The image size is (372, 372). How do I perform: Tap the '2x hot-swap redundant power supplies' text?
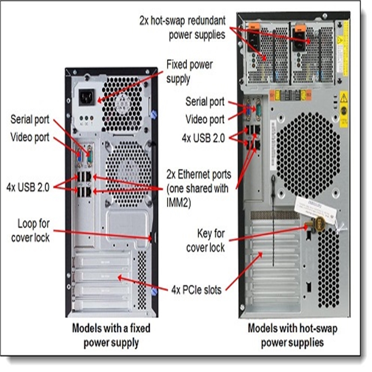182,27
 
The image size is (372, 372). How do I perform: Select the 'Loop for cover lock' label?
33,230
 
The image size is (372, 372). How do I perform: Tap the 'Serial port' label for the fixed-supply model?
30,120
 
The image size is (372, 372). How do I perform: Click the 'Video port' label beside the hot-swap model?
205,119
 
